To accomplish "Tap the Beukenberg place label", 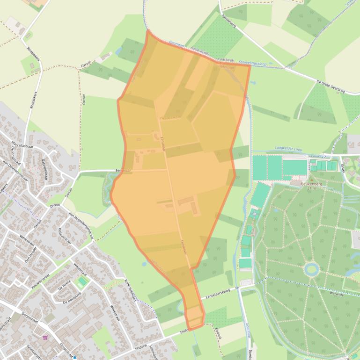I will click(312, 184).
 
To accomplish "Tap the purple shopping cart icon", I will click(45, 337).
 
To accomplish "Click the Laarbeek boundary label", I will click(225, 60).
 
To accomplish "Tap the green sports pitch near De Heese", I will click(82, 282).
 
